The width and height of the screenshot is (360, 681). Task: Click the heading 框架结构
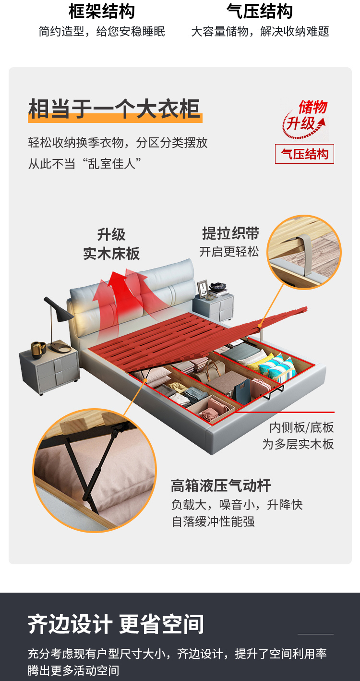pyautogui.click(x=101, y=11)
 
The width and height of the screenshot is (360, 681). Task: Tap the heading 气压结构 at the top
pyautogui.click(x=260, y=11)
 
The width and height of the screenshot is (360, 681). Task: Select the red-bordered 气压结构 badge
pyautogui.click(x=304, y=154)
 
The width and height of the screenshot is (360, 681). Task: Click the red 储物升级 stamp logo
pyautogui.click(x=304, y=119)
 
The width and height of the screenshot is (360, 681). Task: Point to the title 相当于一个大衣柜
pyautogui.click(x=114, y=109)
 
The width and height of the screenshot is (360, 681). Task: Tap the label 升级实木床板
pyautogui.click(x=111, y=244)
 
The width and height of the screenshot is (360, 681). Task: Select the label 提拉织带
pyautogui.click(x=230, y=233)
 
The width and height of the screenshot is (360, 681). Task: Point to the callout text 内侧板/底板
pyautogui.click(x=301, y=427)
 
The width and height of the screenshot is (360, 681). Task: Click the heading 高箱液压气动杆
pyautogui.click(x=220, y=486)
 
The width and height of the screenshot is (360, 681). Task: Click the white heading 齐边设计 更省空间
pyautogui.click(x=116, y=624)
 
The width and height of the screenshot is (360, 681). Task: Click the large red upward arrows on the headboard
pyautogui.click(x=121, y=292)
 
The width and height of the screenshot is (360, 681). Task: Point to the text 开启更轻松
pyautogui.click(x=229, y=252)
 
